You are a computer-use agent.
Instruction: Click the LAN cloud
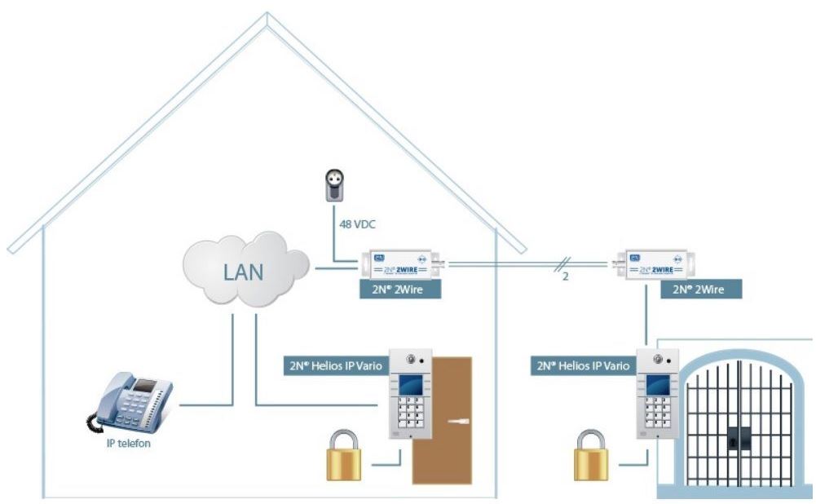click(245, 268)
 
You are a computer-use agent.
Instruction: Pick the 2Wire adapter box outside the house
click(654, 265)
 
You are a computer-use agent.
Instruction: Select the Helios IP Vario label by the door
click(333, 365)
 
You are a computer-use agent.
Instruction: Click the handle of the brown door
click(460, 422)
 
